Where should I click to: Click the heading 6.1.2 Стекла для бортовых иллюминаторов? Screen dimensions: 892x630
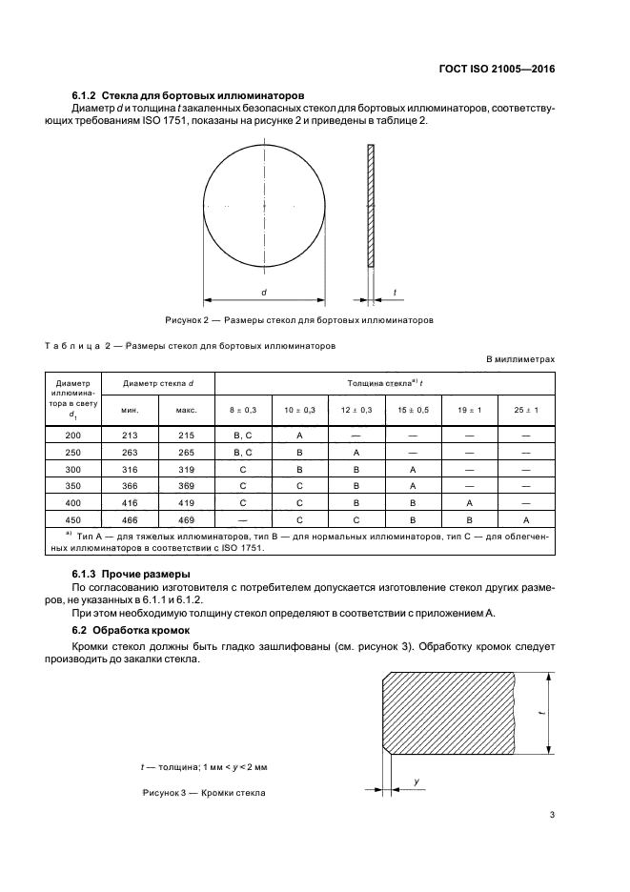click(188, 96)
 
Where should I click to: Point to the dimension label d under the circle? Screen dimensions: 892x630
click(263, 293)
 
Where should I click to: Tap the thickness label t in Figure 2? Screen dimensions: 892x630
click(395, 293)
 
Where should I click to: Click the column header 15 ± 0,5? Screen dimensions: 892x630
click(414, 410)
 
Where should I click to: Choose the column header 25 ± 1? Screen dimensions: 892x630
click(526, 410)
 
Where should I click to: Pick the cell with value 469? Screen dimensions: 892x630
click(186, 520)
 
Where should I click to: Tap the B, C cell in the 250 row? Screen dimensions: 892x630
click(243, 452)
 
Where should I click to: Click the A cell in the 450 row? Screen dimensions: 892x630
click(526, 520)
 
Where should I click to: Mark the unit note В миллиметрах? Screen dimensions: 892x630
click(520, 359)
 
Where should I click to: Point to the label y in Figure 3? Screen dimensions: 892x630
click(418, 781)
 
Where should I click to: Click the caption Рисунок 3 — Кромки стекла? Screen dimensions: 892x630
click(204, 793)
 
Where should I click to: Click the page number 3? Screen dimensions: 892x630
click(552, 815)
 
